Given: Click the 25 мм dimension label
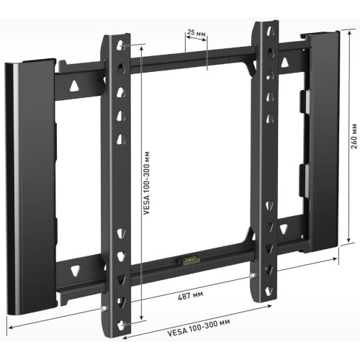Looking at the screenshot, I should click(196, 32).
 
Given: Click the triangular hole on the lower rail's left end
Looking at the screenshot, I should click(74, 270).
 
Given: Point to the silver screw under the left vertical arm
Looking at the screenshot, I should click(106, 309).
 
